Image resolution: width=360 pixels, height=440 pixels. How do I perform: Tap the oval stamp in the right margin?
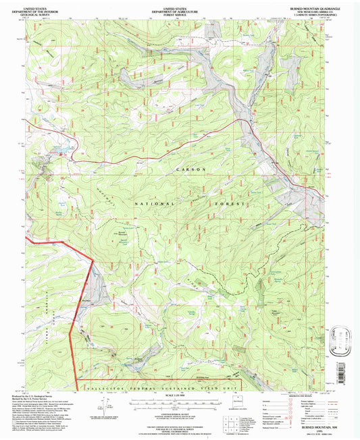pos(344,335)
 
